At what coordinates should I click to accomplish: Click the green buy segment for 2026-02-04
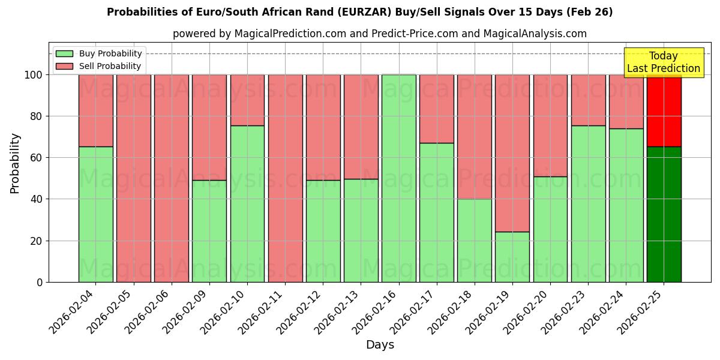pyautogui.click(x=95, y=214)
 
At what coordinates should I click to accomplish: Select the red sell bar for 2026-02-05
pyautogui.click(x=133, y=178)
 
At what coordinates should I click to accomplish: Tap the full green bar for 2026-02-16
pyautogui.click(x=398, y=178)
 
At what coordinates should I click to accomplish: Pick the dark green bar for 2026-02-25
pyautogui.click(x=664, y=214)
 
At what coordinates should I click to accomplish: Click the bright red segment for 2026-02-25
pyautogui.click(x=664, y=111)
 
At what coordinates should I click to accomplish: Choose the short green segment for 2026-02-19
pyautogui.click(x=512, y=257)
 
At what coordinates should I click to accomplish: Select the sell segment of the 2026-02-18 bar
pyautogui.click(x=474, y=137)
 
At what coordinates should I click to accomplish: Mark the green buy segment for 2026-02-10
pyautogui.click(x=247, y=203)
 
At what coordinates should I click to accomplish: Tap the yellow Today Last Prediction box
pyautogui.click(x=664, y=62)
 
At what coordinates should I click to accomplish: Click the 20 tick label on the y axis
pyautogui.click(x=38, y=241)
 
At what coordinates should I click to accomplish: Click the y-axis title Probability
pyautogui.click(x=15, y=163)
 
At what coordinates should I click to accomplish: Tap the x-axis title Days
pyautogui.click(x=380, y=345)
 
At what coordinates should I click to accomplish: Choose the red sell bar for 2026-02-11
pyautogui.click(x=285, y=178)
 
